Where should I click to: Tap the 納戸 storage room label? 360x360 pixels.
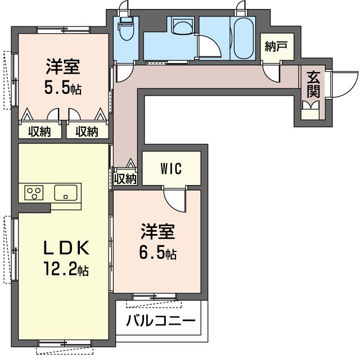276,47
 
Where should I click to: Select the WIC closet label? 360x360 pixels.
171,169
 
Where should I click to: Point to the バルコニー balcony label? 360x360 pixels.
160,322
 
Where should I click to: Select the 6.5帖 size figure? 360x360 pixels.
158,253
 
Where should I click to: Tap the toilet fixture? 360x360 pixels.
124,31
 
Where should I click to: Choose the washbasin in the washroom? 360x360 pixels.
181,27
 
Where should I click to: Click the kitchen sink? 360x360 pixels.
66,192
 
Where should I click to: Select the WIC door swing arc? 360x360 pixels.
174,200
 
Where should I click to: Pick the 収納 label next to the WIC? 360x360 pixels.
125,179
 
